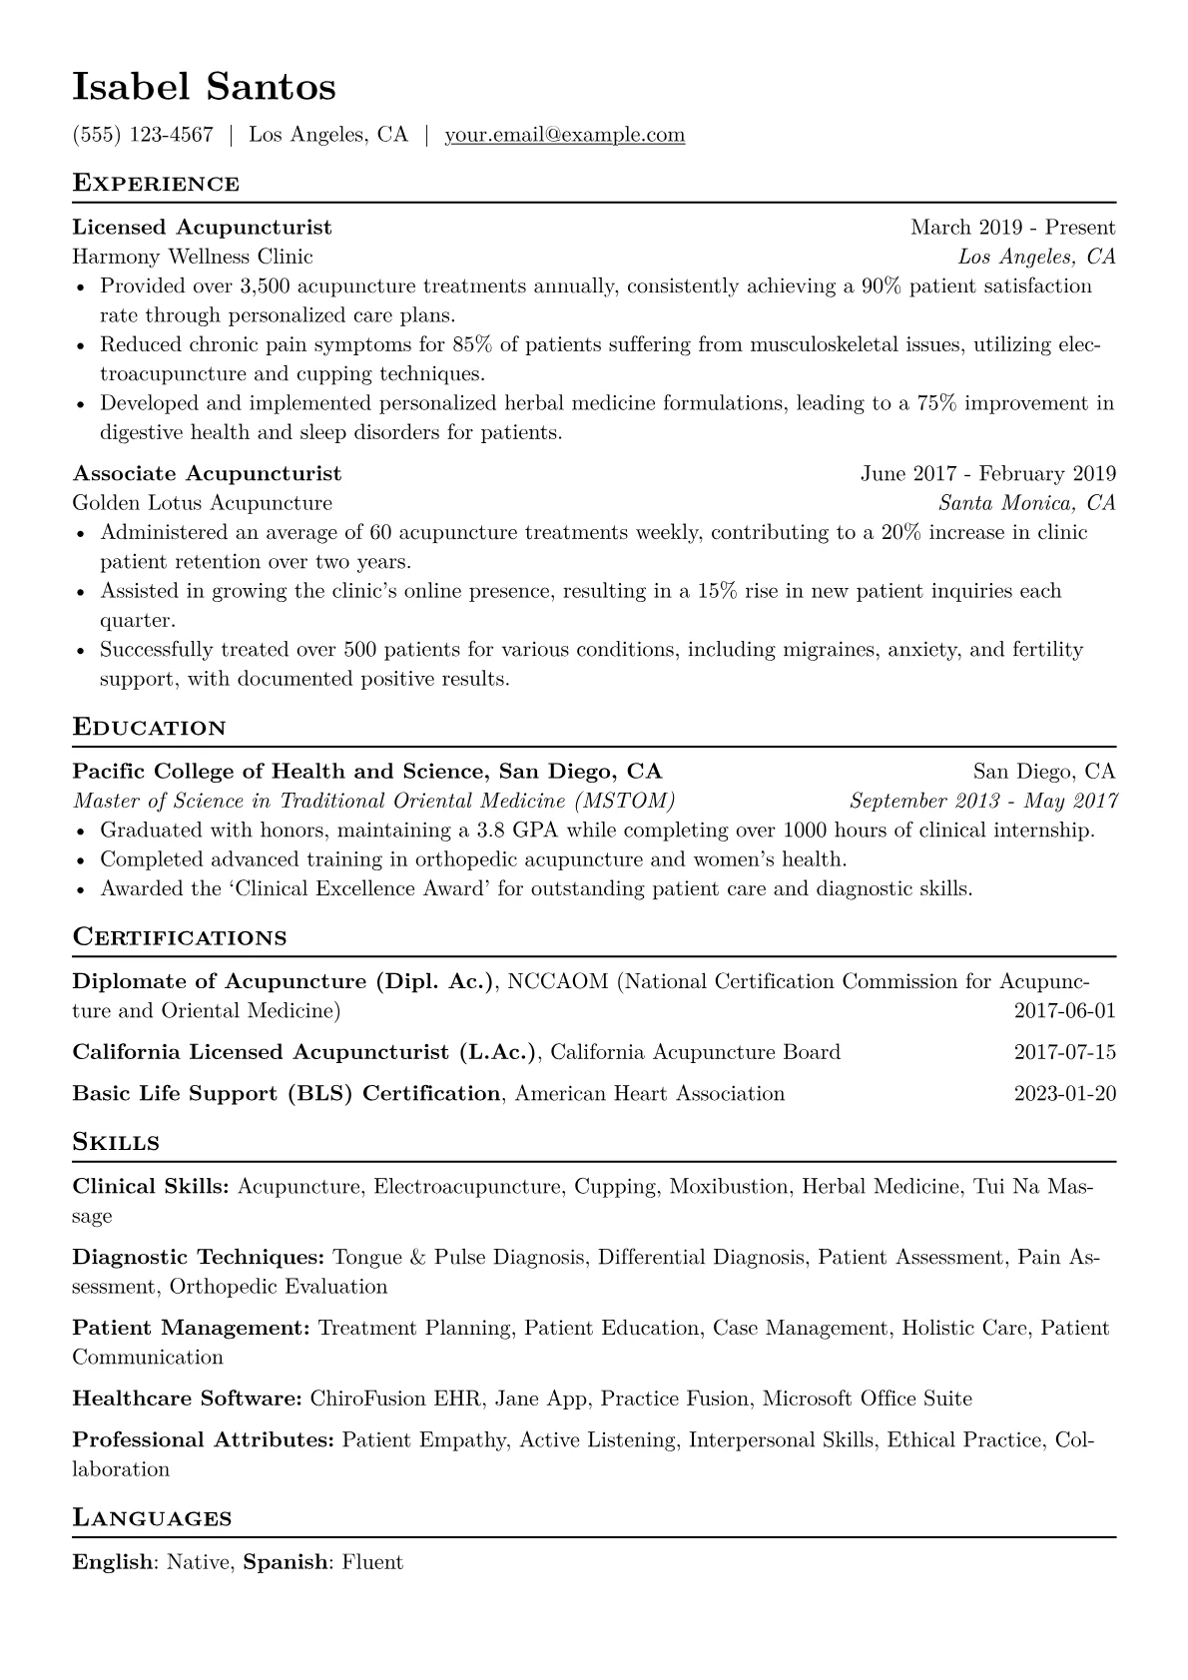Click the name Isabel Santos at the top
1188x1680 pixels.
[x=204, y=88]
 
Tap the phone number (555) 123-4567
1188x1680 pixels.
[x=143, y=135]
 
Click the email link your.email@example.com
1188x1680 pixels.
[x=564, y=135]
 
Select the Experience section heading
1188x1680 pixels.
[x=156, y=184]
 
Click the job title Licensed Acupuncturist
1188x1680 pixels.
[x=202, y=228]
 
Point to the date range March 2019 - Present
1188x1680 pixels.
[x=1012, y=228]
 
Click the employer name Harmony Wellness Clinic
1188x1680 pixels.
[x=193, y=258]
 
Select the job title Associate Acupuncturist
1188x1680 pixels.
[x=207, y=474]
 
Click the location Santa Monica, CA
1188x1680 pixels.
[x=1026, y=503]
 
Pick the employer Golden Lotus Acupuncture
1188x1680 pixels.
[x=203, y=503]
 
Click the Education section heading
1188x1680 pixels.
[x=150, y=728]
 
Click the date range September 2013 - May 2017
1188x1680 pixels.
[x=982, y=802]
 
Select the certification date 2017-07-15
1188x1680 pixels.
[x=1064, y=1052]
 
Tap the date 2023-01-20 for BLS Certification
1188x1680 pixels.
[x=1064, y=1094]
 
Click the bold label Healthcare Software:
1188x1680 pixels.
[x=187, y=1400]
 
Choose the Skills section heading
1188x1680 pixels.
[x=116, y=1143]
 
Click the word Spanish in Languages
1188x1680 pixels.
[x=286, y=1562]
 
